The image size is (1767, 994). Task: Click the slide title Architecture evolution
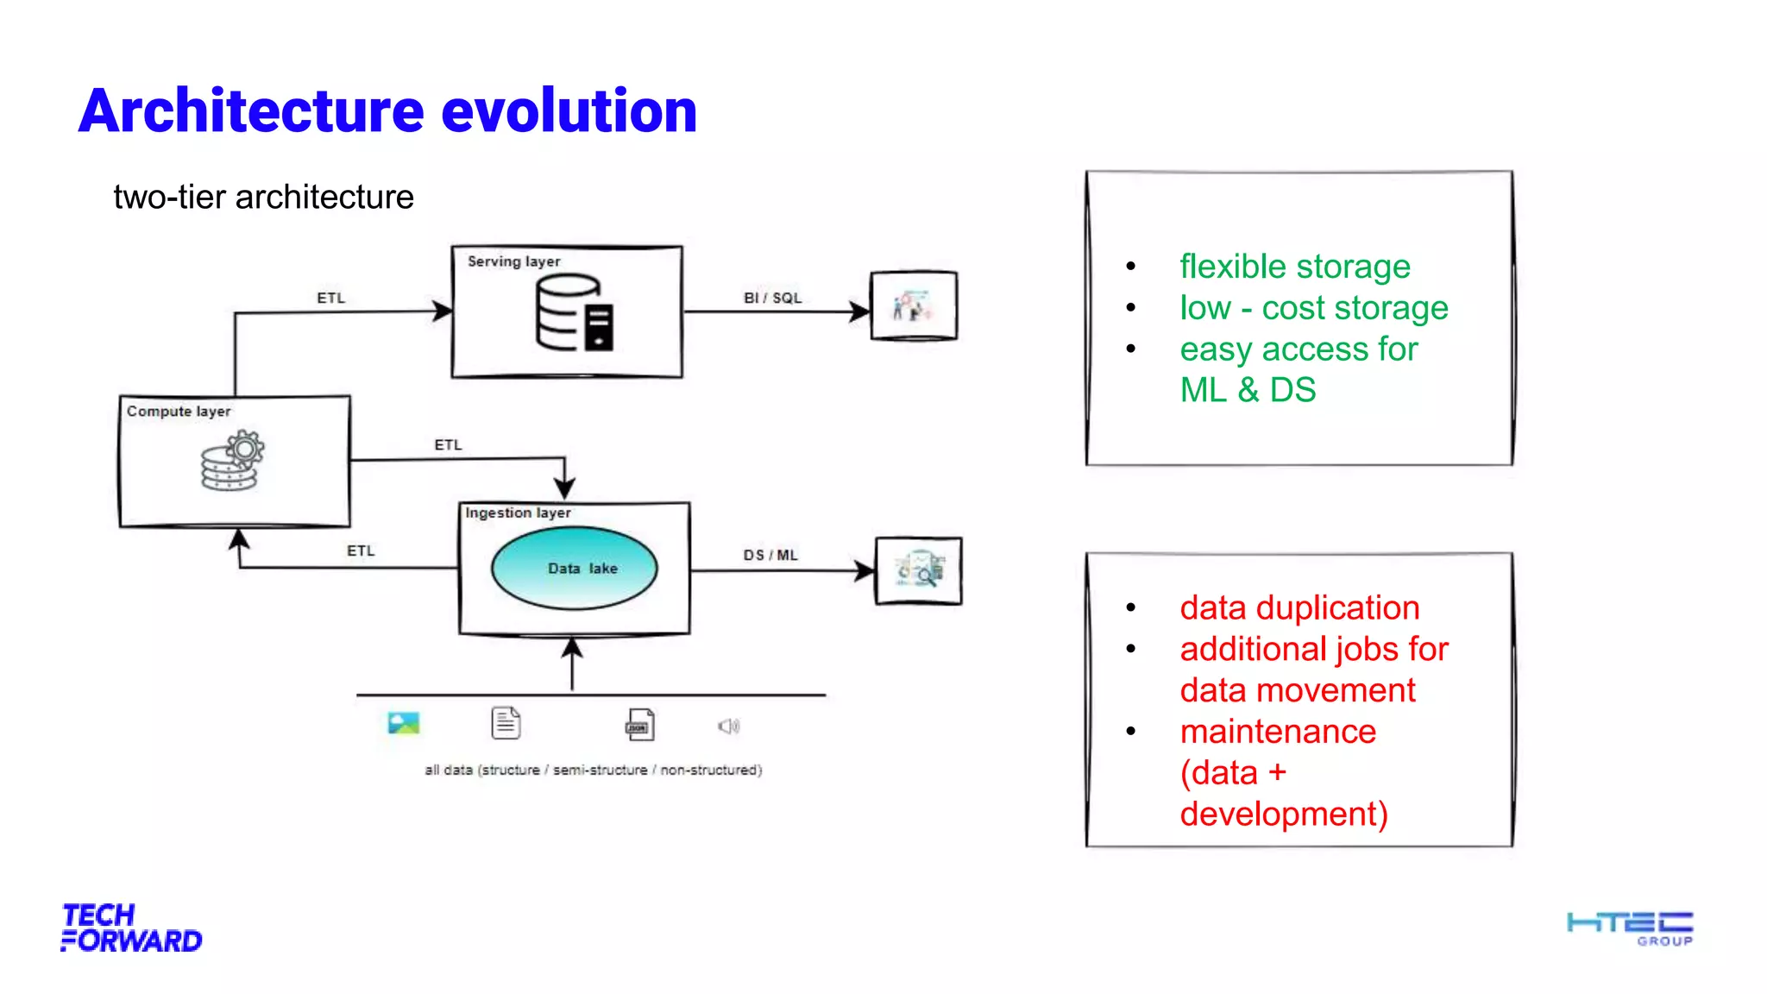(387, 111)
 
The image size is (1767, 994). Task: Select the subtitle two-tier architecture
(263, 197)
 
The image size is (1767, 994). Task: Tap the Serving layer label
(513, 261)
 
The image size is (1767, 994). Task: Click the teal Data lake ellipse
(575, 568)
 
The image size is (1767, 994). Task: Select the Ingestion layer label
(518, 513)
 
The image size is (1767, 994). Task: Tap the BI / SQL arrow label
(772, 298)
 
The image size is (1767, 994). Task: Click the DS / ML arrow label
(770, 555)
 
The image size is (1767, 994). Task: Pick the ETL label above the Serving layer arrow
(330, 298)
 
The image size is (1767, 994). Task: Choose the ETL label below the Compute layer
(361, 550)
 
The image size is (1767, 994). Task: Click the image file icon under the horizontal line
(403, 723)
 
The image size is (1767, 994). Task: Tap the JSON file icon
(639, 725)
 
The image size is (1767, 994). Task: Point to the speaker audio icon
(728, 726)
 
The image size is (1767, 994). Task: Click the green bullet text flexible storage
(1294, 267)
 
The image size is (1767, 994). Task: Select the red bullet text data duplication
(1299, 607)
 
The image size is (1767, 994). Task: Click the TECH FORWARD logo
(131, 928)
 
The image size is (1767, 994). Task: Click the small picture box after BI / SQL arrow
(914, 305)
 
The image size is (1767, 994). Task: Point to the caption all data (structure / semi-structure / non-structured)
(593, 770)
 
